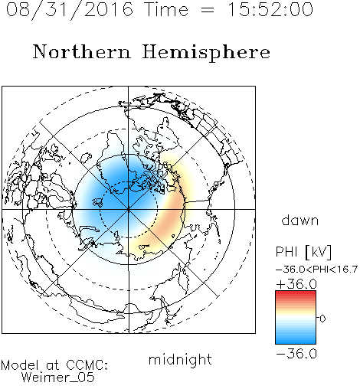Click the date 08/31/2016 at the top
coord(70,10)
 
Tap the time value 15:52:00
coord(270,9)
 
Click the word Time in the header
coord(166,9)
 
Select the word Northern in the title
coord(82,51)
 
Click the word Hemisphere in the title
coord(206,53)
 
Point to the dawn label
coord(300,220)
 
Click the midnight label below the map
coord(180,359)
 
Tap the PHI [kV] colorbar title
coord(303,252)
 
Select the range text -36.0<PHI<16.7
coord(316,270)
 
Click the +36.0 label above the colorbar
coord(296,284)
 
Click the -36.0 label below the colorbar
coord(296,354)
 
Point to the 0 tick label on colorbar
coord(322,319)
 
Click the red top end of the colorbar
coord(296,293)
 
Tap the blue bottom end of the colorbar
coord(296,342)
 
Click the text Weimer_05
coord(58,378)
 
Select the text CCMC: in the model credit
coord(87,365)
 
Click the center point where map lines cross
coord(129,210)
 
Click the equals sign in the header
coord(208,10)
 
